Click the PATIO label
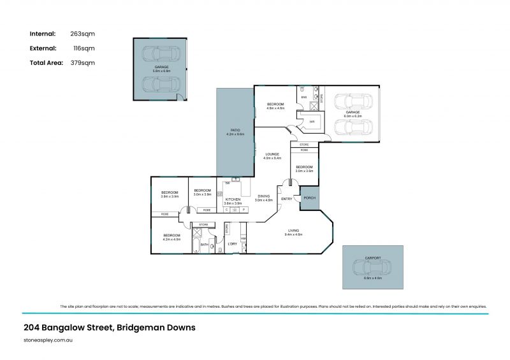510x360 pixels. (235, 130)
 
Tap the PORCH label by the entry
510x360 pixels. (309, 198)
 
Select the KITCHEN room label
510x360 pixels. (233, 199)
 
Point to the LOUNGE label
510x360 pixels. (273, 154)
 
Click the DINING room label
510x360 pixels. (263, 196)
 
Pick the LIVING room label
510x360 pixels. (294, 230)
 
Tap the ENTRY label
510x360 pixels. (286, 199)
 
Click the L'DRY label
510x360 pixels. (233, 243)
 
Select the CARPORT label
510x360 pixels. (373, 257)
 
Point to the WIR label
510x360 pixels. (312, 121)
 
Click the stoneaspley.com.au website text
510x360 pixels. (48, 341)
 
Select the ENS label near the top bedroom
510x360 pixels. (304, 97)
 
